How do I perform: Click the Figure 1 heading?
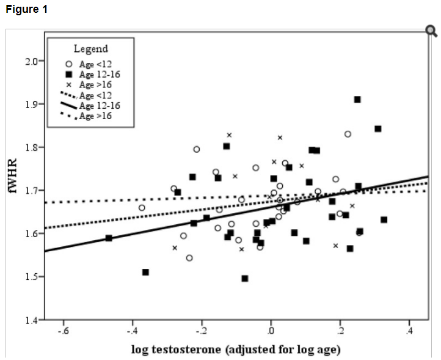pos(26,10)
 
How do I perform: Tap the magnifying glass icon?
pos(431,31)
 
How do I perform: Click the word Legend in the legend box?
pos(90,49)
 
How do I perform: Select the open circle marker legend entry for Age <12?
pos(69,64)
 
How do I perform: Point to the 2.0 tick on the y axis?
pos(35,61)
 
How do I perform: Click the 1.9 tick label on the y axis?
pos(35,105)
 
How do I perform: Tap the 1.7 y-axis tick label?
pos(35,191)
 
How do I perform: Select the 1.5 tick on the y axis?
pos(35,277)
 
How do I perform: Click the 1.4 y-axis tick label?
pos(35,320)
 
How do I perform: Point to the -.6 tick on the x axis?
pos(62,331)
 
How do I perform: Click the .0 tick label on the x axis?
pos(271,331)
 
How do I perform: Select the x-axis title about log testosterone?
pos(235,350)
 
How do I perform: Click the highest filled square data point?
pos(357,99)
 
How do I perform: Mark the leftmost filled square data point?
pos(109,238)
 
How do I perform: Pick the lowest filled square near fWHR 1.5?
pos(245,278)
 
